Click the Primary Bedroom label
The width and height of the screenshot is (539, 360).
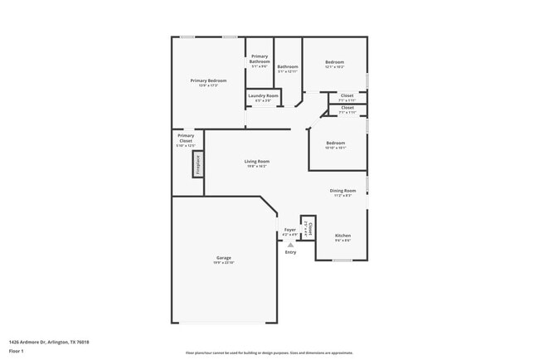[208, 80]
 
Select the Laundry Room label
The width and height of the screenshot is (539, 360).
[263, 96]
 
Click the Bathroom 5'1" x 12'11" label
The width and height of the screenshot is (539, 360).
[288, 68]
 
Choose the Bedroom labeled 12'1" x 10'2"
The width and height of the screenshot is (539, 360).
[334, 64]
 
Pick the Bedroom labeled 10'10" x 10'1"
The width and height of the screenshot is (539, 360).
[335, 144]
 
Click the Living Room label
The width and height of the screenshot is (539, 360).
[256, 163]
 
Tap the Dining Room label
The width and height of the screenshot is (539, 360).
[342, 192]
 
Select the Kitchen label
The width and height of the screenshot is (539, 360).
[342, 237]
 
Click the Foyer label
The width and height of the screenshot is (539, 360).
[289, 231]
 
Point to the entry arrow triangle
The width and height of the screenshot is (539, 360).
[290, 245]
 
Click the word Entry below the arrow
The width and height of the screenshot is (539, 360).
[290, 252]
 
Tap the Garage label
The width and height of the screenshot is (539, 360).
[224, 259]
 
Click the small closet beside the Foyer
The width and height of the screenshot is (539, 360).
[308, 228]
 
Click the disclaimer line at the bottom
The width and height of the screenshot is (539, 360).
[269, 353]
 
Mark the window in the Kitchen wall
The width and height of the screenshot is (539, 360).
[342, 260]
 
